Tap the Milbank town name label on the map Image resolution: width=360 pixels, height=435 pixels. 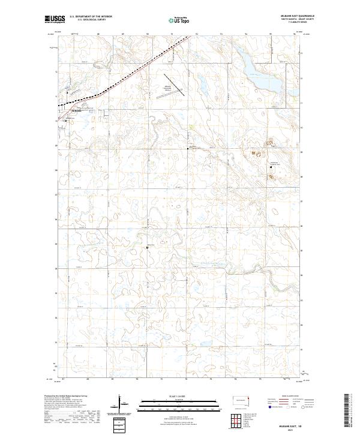(76, 110)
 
